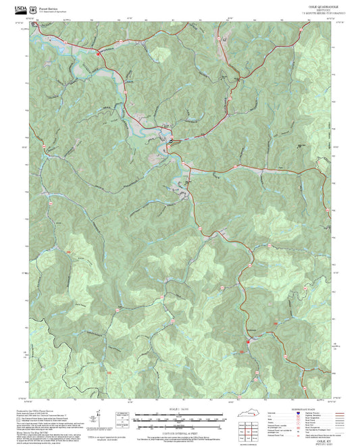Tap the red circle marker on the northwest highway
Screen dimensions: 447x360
(x=98, y=53)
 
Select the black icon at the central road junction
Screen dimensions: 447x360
(x=172, y=141)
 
